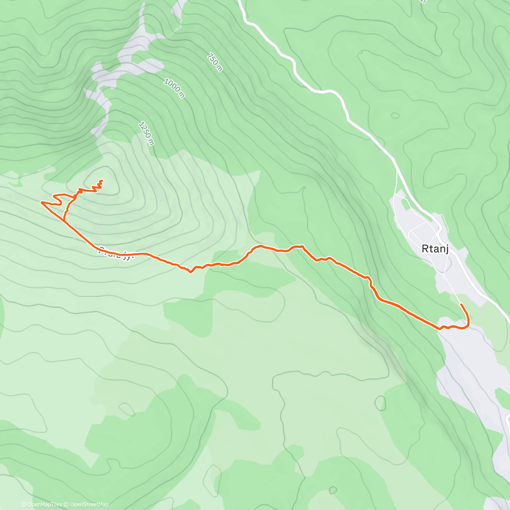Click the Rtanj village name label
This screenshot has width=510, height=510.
435,249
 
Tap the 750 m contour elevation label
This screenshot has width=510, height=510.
215,62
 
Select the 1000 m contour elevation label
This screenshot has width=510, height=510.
174,88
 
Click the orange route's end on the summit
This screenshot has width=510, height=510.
102,181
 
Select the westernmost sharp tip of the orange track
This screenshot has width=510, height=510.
41,202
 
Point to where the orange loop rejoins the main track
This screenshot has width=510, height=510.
64,221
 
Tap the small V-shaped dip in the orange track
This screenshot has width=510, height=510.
191,272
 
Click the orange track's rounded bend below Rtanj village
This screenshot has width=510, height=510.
467,325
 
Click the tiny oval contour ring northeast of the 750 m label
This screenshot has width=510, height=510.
396,115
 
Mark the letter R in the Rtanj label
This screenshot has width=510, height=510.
425,249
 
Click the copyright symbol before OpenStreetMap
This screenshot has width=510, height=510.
67,504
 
